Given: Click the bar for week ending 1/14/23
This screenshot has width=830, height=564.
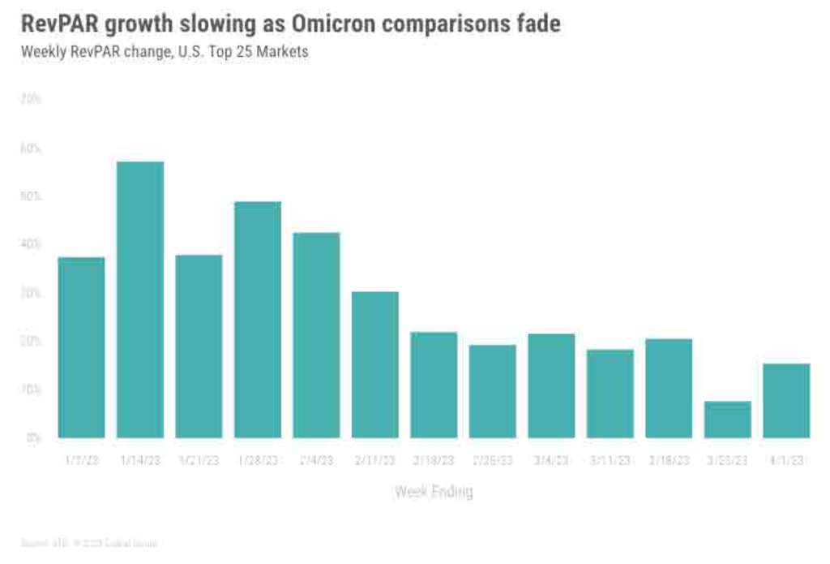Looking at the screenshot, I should [140, 299].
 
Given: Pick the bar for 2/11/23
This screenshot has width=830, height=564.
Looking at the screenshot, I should [375, 364].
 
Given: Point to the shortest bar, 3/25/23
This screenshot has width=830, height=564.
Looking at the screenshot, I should [728, 420].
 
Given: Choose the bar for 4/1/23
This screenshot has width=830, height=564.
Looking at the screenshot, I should [786, 401].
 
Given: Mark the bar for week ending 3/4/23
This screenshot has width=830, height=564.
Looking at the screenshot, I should [551, 385].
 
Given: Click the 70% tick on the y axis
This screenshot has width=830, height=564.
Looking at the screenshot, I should [31, 99].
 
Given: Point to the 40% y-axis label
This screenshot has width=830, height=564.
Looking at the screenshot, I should [31, 244].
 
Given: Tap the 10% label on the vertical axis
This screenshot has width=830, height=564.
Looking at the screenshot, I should [31, 390].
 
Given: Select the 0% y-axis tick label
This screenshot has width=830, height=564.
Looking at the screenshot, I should [33, 437].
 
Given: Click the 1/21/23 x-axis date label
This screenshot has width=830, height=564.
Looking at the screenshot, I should [199, 460].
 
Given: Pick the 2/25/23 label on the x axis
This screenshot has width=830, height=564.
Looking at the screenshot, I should [493, 460].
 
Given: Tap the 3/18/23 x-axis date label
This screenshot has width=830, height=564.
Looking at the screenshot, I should [669, 460].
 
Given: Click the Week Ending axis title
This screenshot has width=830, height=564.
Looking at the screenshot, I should [434, 491].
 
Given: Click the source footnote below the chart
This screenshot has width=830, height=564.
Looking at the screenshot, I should [89, 542].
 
